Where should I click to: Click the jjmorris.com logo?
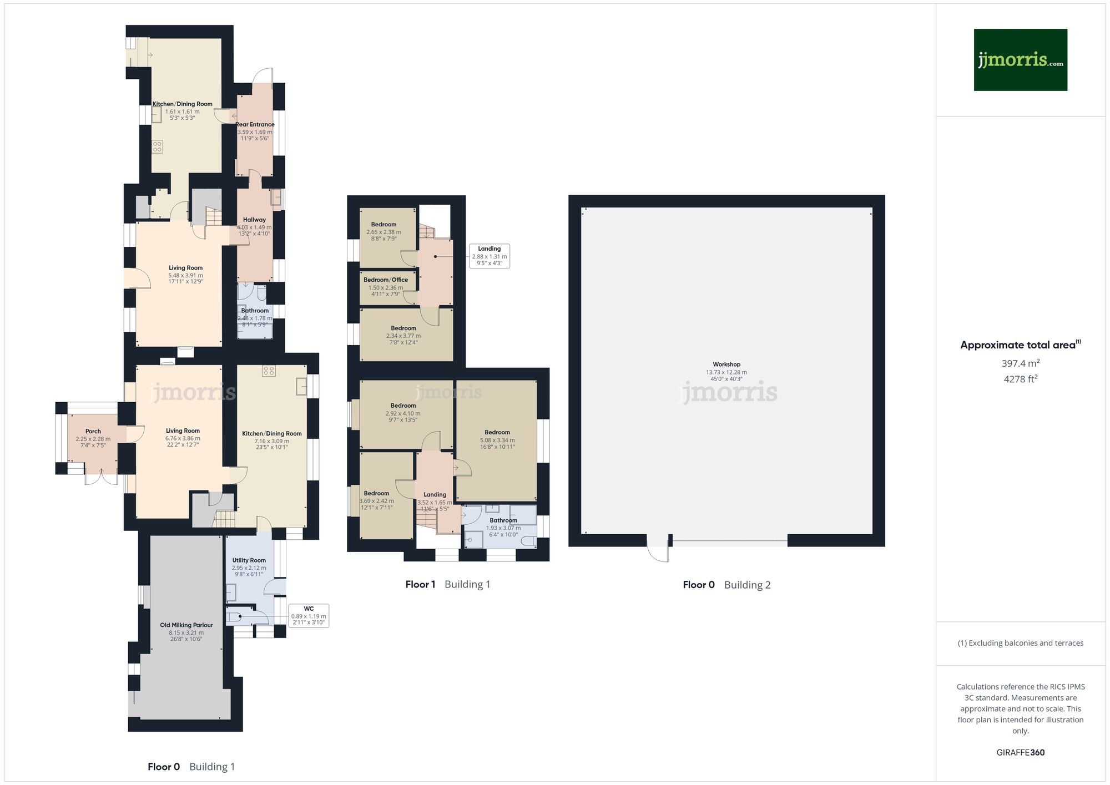[x=1020, y=60]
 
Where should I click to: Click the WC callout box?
[x=309, y=616]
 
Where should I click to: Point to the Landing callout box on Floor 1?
[x=489, y=256]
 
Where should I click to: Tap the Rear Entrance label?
[x=255, y=125]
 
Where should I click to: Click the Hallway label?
[x=254, y=220]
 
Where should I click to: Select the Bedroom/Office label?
[x=386, y=280]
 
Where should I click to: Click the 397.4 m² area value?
[x=1020, y=363]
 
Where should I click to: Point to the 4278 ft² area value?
[x=1020, y=379]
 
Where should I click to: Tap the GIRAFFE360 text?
[x=1020, y=752]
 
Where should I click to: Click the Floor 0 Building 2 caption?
[x=726, y=585]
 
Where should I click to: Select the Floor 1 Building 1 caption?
[x=447, y=584]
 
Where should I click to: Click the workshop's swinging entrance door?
[x=659, y=549]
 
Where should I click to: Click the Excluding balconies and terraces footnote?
[x=1020, y=643]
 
